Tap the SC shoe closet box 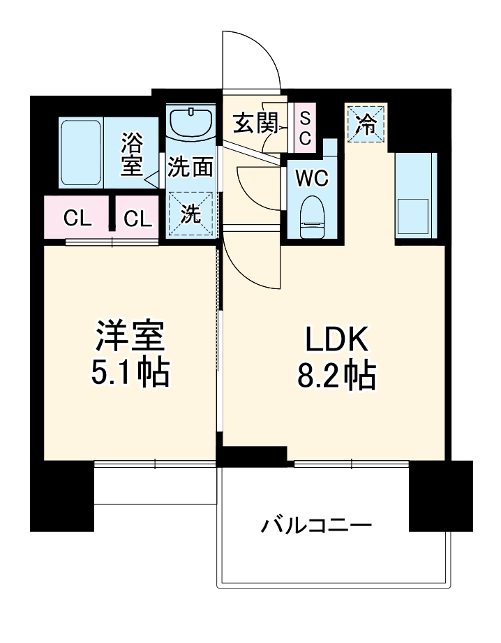pyautogui.click(x=305, y=128)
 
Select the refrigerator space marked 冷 pyautogui.click(x=365, y=124)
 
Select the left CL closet pyautogui.click(x=77, y=219)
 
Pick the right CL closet pyautogui.click(x=138, y=219)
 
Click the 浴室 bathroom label pyautogui.click(x=131, y=155)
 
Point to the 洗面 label pyautogui.click(x=190, y=168)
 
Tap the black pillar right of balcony pyautogui.click(x=431, y=496)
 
